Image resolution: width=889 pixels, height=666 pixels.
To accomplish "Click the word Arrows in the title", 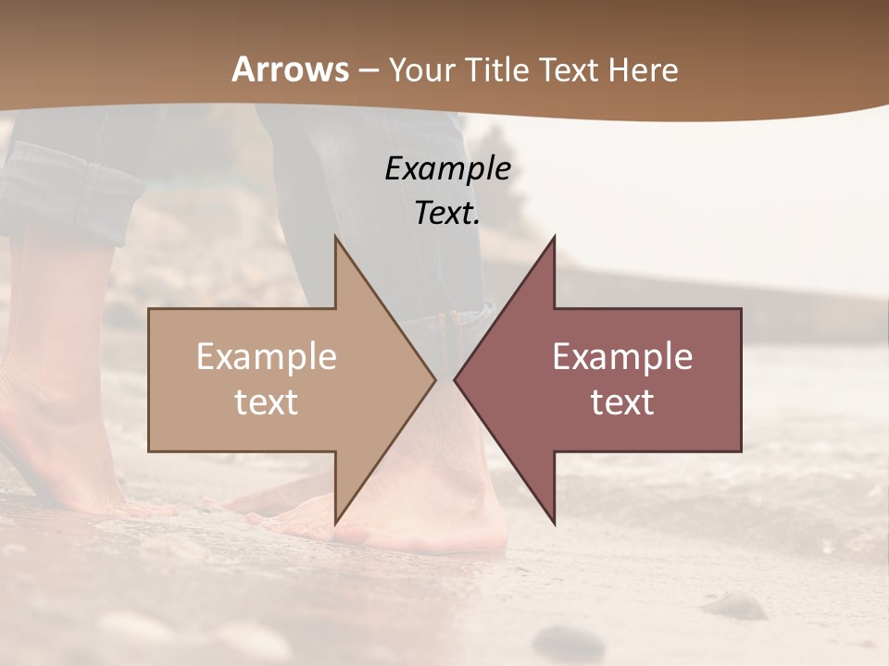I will click(290, 69).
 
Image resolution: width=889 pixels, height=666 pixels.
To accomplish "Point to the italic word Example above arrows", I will click(447, 168).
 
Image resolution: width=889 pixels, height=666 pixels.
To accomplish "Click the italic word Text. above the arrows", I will click(447, 213).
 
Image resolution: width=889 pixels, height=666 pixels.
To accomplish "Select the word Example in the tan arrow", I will click(266, 357).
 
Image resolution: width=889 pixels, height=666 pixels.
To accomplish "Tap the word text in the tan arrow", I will click(266, 402).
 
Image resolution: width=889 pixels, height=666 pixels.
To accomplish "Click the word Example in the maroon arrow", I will click(622, 357).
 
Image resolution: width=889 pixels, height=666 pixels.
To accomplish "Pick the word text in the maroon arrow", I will click(622, 402).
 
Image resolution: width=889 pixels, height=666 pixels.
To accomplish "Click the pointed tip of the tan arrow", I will click(435, 379).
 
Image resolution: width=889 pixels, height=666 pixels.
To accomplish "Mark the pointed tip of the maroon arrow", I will click(455, 379).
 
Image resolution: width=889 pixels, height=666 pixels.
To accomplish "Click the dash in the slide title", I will click(368, 70).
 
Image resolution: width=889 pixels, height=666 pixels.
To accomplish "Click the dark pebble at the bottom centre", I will click(567, 639).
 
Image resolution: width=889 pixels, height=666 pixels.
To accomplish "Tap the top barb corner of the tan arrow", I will click(335, 237).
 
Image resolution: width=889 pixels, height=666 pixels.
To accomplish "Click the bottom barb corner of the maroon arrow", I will click(555, 524).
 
